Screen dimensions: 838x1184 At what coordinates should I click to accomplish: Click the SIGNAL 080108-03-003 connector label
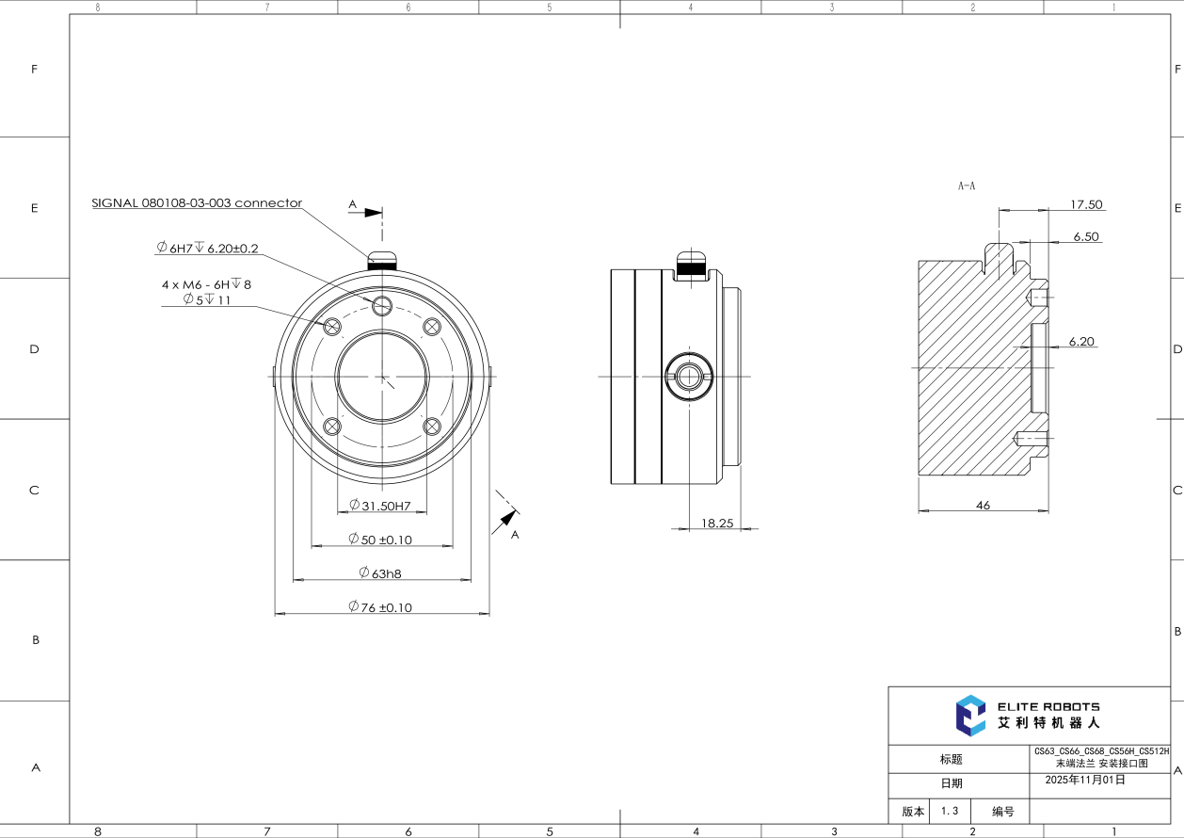click(197, 202)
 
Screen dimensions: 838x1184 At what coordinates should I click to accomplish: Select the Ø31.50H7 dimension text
click(380, 506)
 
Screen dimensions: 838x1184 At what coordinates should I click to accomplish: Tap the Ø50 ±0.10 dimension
click(380, 540)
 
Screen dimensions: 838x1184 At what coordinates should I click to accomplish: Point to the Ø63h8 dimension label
click(380, 572)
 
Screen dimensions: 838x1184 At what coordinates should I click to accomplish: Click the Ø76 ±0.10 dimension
click(380, 607)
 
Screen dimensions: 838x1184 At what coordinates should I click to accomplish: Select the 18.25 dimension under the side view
click(717, 523)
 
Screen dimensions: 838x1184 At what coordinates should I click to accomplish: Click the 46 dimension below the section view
click(983, 506)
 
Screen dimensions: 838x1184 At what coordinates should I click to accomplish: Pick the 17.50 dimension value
click(1086, 204)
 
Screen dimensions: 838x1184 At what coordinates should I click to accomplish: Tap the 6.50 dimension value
click(1086, 237)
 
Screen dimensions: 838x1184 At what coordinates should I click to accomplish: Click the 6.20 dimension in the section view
click(1081, 342)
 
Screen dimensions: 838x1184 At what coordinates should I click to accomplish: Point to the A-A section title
click(967, 187)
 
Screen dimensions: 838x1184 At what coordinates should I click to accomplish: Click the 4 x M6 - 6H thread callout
click(206, 282)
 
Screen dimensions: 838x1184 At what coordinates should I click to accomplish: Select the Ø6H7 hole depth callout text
click(207, 248)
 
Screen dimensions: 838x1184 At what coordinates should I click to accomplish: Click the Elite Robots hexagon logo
click(970, 715)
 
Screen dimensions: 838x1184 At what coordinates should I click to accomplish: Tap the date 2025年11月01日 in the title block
click(1085, 780)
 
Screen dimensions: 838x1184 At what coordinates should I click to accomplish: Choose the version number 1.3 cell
click(949, 811)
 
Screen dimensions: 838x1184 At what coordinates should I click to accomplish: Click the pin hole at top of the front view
click(381, 305)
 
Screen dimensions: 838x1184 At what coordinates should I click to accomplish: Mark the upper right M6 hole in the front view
click(432, 327)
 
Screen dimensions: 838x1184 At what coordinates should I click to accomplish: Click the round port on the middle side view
click(689, 376)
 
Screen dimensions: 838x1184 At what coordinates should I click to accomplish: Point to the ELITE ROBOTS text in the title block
click(1048, 706)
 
